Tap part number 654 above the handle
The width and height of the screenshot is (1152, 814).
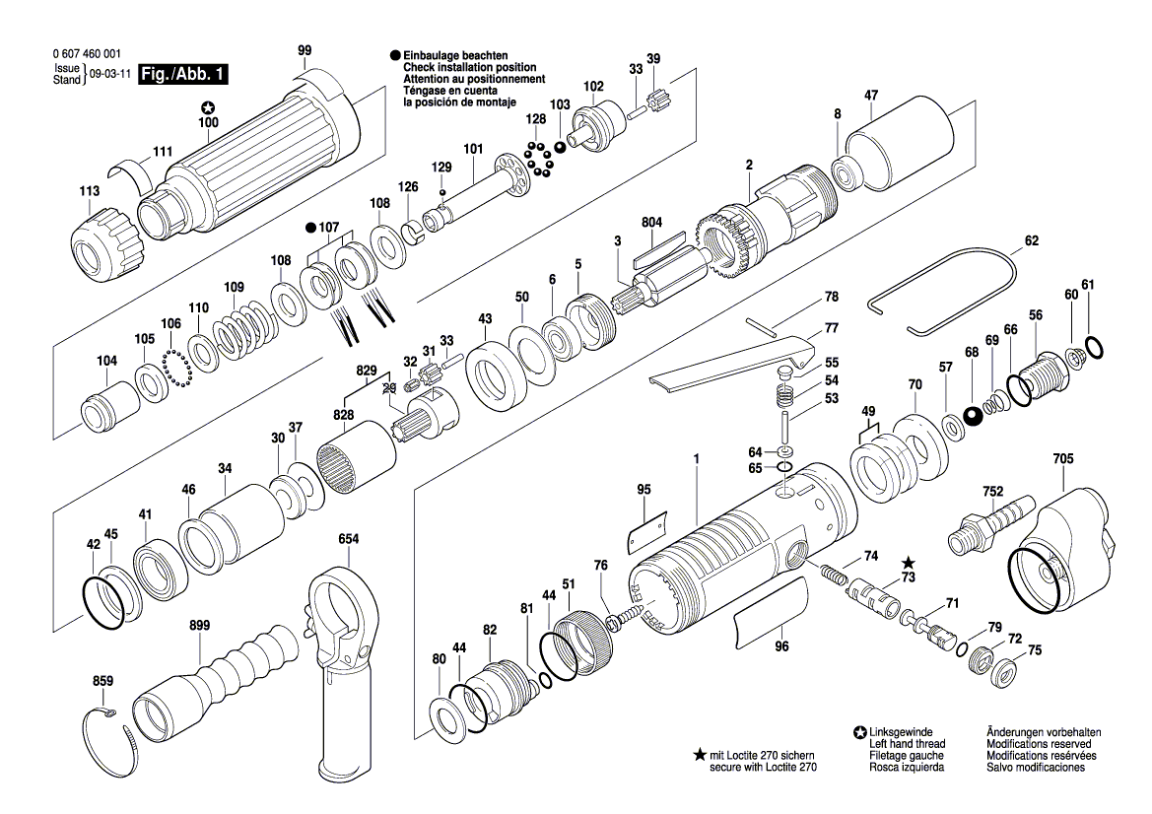pos(348,539)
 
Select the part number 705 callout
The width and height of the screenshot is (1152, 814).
pos(1063,459)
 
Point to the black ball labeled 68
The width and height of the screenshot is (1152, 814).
pos(973,414)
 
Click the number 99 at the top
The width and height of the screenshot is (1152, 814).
pos(305,50)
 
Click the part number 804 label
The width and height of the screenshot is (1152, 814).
pos(652,223)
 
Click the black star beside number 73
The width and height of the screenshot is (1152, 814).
pos(908,562)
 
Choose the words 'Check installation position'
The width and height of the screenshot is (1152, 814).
pos(459,67)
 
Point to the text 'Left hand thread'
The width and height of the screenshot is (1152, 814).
pos(907,744)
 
